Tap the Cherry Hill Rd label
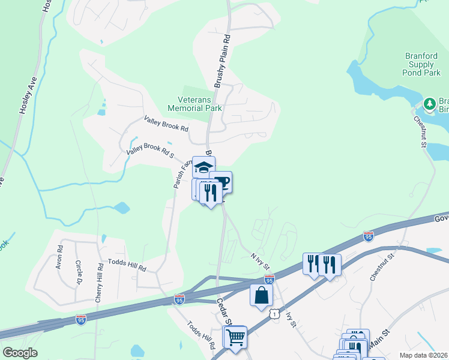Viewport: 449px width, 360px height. tap(100, 282)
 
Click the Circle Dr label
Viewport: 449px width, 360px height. tap(79, 272)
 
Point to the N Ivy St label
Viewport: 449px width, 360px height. tap(259, 260)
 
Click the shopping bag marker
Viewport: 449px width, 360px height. tap(261, 295)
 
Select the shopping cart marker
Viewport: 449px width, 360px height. tap(235, 337)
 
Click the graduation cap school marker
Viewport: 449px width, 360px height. tap(203, 166)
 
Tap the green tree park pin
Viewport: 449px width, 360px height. tap(429, 104)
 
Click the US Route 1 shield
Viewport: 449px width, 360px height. tap(274, 314)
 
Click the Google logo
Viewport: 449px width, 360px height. tap(20, 353)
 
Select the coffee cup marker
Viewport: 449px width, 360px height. tap(221, 182)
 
